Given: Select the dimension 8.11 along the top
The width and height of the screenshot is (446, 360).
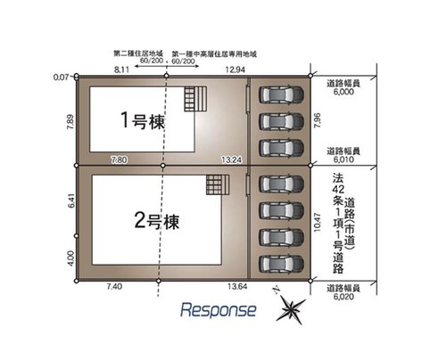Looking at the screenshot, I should click(x=122, y=69).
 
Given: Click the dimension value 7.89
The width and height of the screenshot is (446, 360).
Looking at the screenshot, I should click(x=70, y=122).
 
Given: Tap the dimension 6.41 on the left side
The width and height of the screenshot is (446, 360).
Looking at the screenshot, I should click(x=70, y=202).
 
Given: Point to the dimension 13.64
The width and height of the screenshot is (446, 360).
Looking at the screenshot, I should click(x=237, y=285).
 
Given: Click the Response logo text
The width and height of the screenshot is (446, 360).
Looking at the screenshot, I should click(x=219, y=310).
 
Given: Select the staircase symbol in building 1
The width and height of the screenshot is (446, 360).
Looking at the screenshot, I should click(x=195, y=98).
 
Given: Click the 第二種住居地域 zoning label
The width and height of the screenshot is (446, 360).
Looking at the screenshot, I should click(x=136, y=53).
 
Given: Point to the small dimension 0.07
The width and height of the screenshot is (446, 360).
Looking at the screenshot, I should click(x=62, y=78).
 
